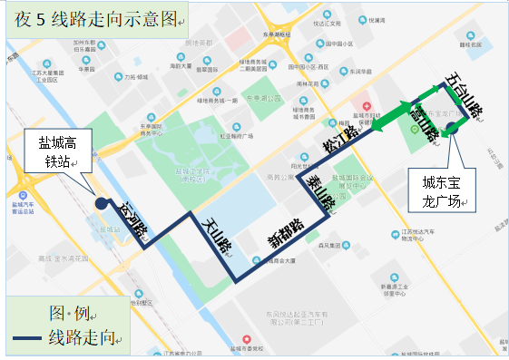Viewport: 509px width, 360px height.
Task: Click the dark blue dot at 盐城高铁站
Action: click(x=100, y=204)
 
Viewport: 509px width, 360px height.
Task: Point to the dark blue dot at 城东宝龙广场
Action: click(x=451, y=129)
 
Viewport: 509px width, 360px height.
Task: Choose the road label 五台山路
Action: click(x=463, y=98)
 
